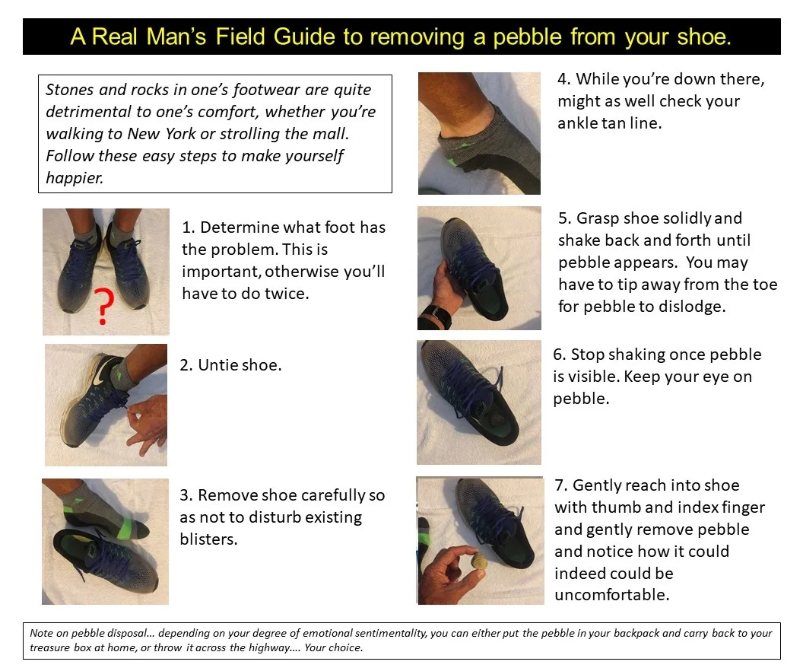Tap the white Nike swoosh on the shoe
[100, 370]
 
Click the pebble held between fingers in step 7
[478, 562]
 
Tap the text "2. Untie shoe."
[230, 365]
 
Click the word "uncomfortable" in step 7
[612, 595]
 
